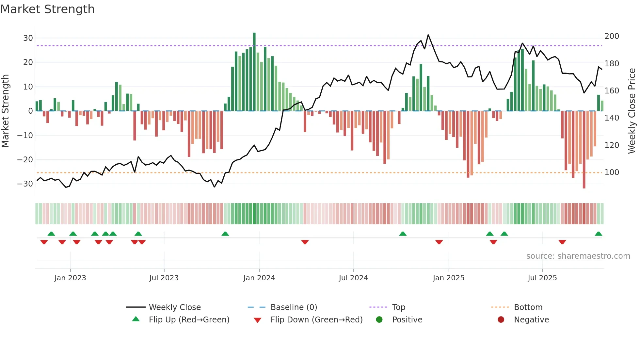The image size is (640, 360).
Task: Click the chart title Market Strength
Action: (47, 9)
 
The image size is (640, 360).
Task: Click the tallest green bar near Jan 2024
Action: (254, 72)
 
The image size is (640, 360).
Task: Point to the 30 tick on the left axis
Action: (28, 38)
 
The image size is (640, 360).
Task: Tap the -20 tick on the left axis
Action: (25, 160)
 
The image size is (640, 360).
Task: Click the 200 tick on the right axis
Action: (612, 36)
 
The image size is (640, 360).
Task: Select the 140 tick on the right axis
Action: (612, 118)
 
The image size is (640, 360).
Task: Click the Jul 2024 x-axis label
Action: (353, 278)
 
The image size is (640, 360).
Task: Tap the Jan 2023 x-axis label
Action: (70, 278)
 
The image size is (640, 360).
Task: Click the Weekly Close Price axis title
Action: (632, 111)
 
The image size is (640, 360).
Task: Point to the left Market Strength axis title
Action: (6, 111)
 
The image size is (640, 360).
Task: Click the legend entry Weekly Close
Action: (175, 307)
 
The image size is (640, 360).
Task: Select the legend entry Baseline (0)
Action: (294, 307)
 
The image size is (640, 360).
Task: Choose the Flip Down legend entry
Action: (316, 320)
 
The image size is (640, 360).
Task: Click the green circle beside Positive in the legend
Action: (379, 320)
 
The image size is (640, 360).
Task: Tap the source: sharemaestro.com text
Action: (578, 256)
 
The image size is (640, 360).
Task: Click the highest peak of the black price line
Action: (428, 35)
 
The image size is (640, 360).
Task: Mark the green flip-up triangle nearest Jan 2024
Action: (225, 234)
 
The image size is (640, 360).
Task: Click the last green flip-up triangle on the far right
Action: (598, 234)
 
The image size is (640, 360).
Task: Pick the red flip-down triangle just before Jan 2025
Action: (439, 242)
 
